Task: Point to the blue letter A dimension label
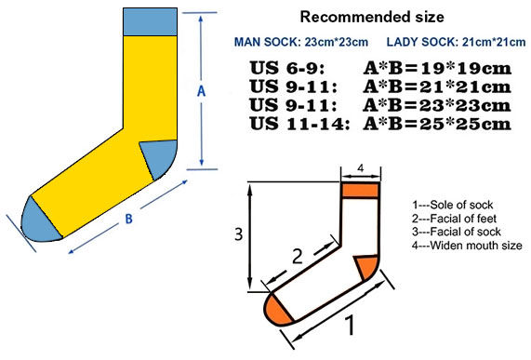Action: (200, 90)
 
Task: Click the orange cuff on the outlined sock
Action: (361, 191)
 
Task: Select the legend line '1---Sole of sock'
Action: (453, 205)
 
